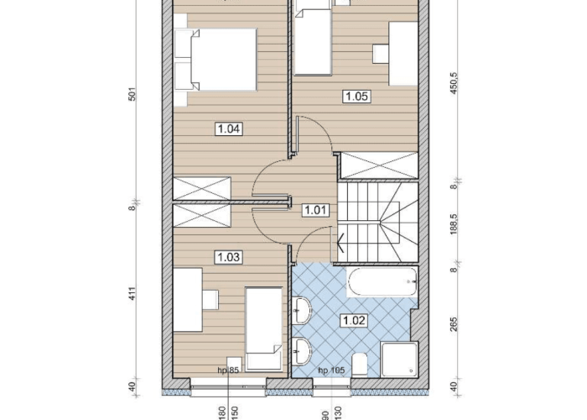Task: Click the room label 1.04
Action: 228,129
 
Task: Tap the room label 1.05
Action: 356,97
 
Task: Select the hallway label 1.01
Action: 315,210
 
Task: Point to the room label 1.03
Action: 228,257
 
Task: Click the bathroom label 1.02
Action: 354,321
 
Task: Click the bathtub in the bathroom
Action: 382,281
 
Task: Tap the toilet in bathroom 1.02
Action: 360,364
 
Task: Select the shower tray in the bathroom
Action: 399,360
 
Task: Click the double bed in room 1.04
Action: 216,60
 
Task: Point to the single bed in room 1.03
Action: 263,329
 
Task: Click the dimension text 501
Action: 132,94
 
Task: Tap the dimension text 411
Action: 132,294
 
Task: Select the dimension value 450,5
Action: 455,83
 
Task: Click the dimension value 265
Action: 455,324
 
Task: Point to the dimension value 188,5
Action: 455,224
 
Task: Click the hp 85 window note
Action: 228,370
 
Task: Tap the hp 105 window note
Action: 331,370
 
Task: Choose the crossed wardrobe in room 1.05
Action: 379,165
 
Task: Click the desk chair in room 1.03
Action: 210,300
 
